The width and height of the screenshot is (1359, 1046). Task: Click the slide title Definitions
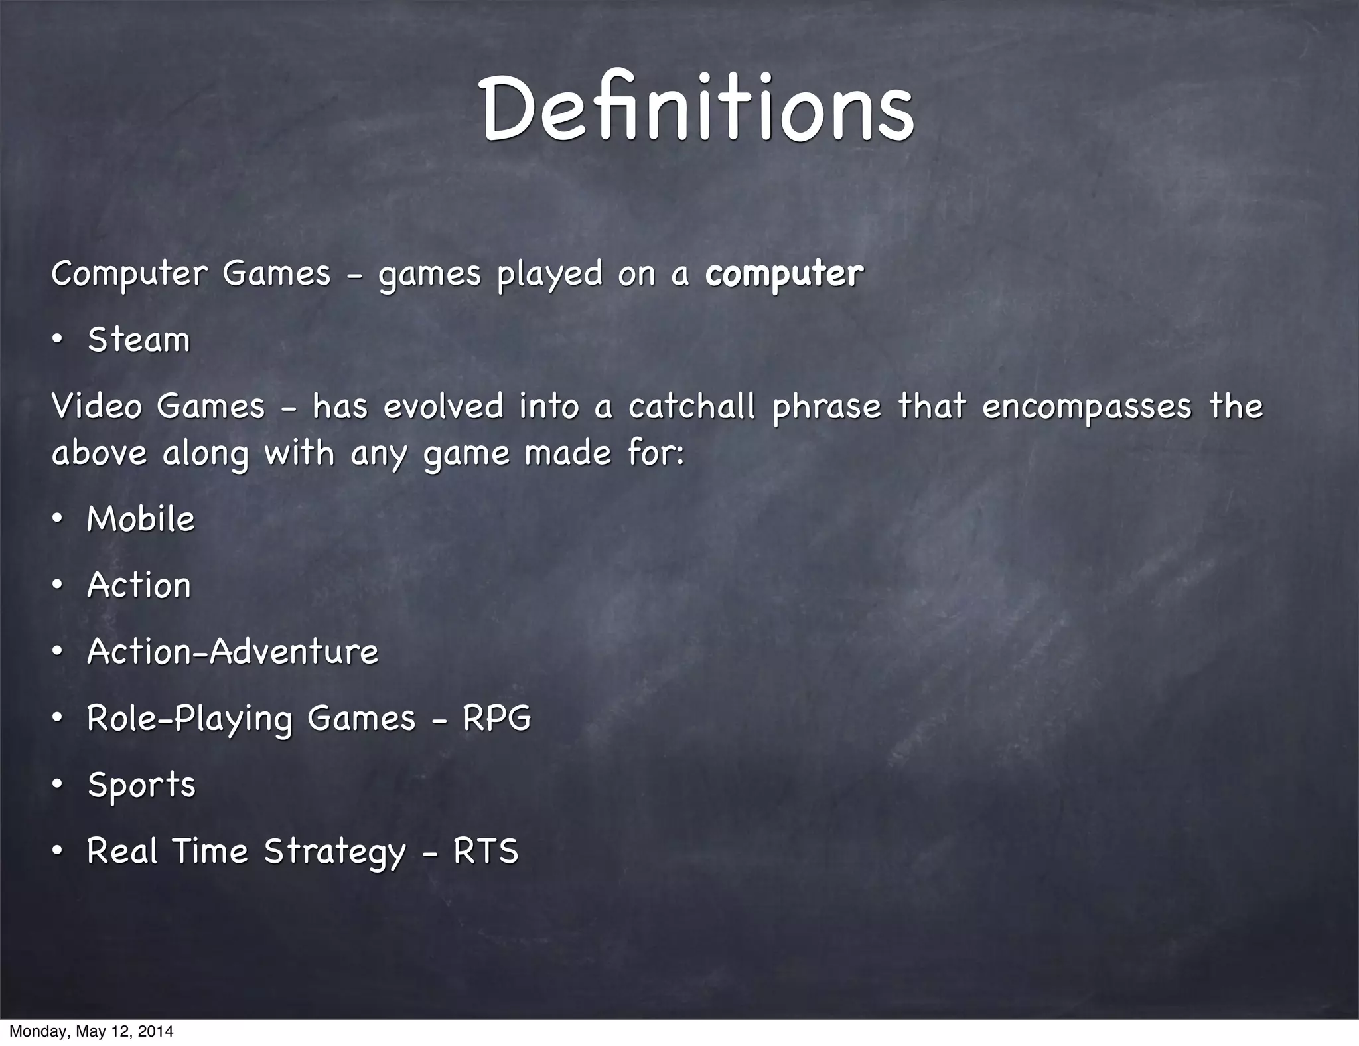pos(697,108)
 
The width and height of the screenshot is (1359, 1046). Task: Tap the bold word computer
pos(784,274)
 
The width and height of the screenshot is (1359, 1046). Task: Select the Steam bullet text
pos(139,340)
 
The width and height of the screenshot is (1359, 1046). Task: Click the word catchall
pos(691,406)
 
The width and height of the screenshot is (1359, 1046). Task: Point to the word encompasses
pos(1086,408)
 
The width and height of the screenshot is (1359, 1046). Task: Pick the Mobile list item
pos(141,519)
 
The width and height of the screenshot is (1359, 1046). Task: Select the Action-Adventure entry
pos(232,652)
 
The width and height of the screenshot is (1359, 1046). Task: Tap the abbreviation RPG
pos(496,718)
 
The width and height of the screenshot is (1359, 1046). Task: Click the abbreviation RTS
pos(485,851)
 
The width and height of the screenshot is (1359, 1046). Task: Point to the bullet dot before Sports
pos(58,784)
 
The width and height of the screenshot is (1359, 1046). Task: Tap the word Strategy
pos(334,852)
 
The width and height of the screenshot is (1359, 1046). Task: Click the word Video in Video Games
pos(96,406)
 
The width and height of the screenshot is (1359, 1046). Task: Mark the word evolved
pos(443,406)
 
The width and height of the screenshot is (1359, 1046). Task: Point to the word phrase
pos(826,408)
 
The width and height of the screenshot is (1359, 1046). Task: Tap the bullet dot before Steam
pos(58,340)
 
